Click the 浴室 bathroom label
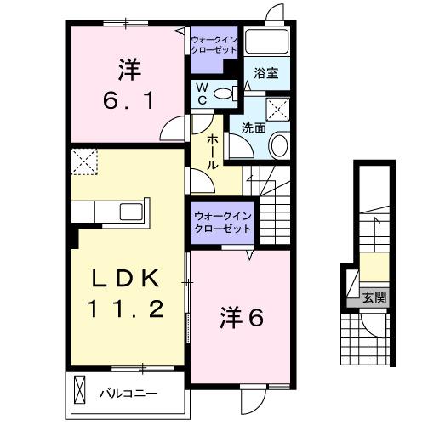pos(266,74)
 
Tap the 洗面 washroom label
pos(254,127)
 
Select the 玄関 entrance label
pos(374,297)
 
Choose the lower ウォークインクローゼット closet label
pos(222,223)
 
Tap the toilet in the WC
pos(225,93)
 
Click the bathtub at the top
pos(268,43)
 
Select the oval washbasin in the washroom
pos(278,146)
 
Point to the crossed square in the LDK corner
pos(84,160)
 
